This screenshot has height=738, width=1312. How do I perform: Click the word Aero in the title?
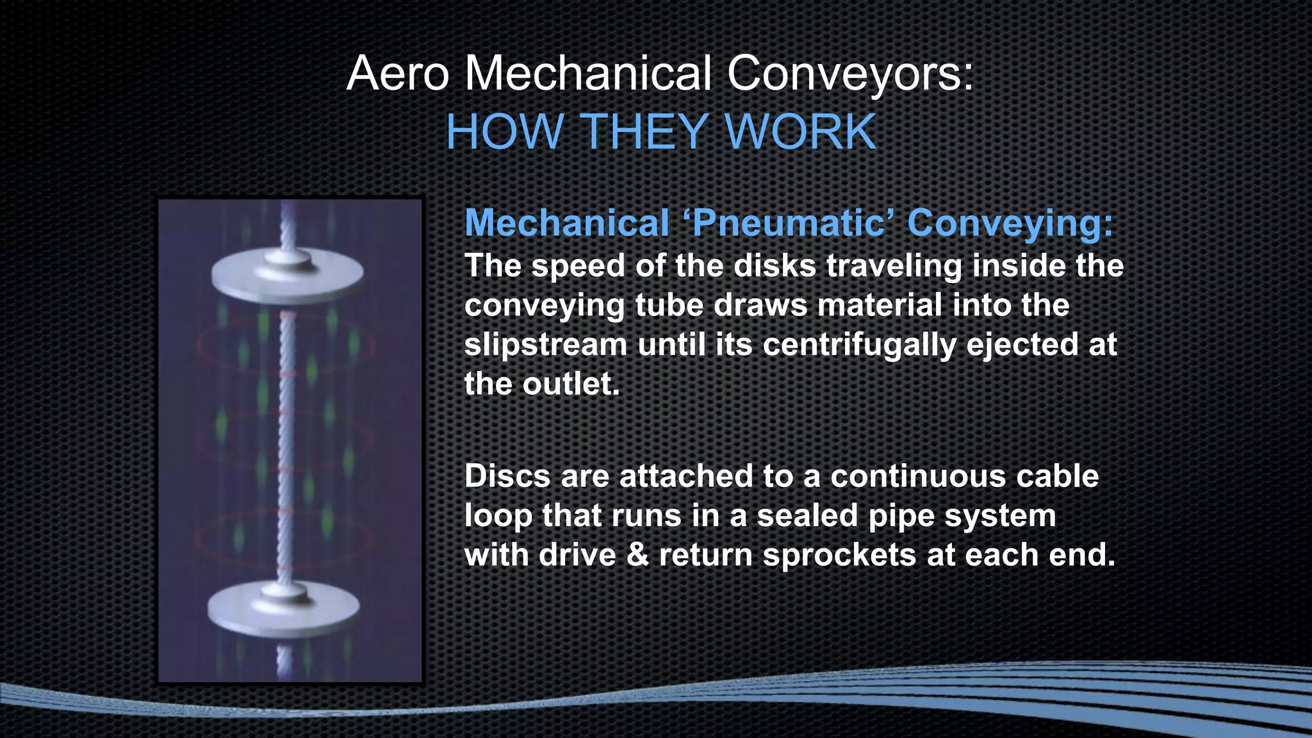coord(397,74)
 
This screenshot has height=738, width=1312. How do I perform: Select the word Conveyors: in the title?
coord(850,74)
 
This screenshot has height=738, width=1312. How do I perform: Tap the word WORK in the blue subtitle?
coord(801,132)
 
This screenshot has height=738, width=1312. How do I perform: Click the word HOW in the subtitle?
coord(504,132)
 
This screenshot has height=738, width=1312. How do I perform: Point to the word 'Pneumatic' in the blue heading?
coord(789,223)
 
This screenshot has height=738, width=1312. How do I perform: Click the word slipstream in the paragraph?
coord(545,345)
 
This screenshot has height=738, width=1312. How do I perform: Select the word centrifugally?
coord(859,345)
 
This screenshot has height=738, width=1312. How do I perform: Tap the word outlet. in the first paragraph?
coord(571,384)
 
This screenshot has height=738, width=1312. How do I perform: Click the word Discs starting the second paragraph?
coord(507,476)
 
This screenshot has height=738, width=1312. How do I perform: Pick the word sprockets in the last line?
coord(839,554)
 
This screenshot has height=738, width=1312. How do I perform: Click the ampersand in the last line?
coord(637,554)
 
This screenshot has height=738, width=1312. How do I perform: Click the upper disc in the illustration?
coord(288,272)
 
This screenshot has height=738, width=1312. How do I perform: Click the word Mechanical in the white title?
coord(587,74)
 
